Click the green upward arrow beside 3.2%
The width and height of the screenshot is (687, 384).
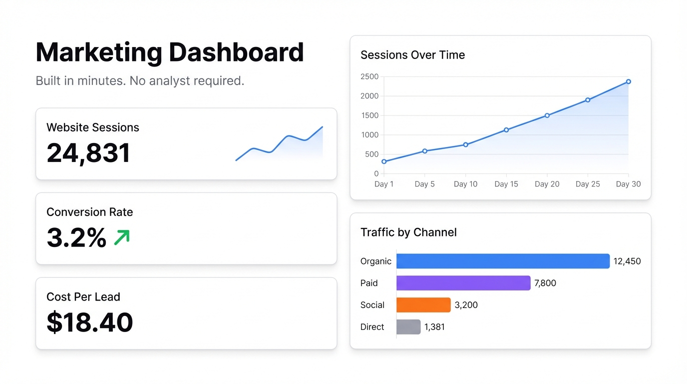pyautogui.click(x=122, y=237)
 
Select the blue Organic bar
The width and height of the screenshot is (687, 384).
pyautogui.click(x=503, y=261)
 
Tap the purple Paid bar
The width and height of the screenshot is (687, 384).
pyautogui.click(x=463, y=283)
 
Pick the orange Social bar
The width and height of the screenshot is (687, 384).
pyautogui.click(x=423, y=305)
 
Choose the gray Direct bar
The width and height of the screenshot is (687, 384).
pyautogui.click(x=408, y=327)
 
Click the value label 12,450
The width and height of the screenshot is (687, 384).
pyautogui.click(x=627, y=261)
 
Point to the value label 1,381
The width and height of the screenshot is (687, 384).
pyautogui.click(x=434, y=327)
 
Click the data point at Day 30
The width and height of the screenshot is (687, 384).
pyautogui.click(x=628, y=81)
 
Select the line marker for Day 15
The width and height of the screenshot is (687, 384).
pyautogui.click(x=506, y=130)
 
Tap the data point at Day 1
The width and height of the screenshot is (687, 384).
pyautogui.click(x=384, y=161)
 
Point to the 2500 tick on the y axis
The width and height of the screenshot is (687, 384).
pyautogui.click(x=369, y=76)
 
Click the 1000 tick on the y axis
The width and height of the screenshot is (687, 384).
pyautogui.click(x=369, y=135)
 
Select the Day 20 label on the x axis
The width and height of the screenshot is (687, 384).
pyautogui.click(x=547, y=184)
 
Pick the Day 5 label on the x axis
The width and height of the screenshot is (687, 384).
pyautogui.click(x=424, y=184)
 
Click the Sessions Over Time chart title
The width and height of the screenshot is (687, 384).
pyautogui.click(x=412, y=55)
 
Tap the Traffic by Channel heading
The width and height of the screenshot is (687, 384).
pyautogui.click(x=408, y=232)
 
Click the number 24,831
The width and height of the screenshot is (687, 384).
pyautogui.click(x=88, y=153)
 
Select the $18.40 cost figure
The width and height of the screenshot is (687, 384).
pyautogui.click(x=90, y=322)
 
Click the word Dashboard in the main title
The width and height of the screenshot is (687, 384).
pyautogui.click(x=236, y=52)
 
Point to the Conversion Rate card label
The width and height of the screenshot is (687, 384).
pyautogui.click(x=90, y=212)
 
